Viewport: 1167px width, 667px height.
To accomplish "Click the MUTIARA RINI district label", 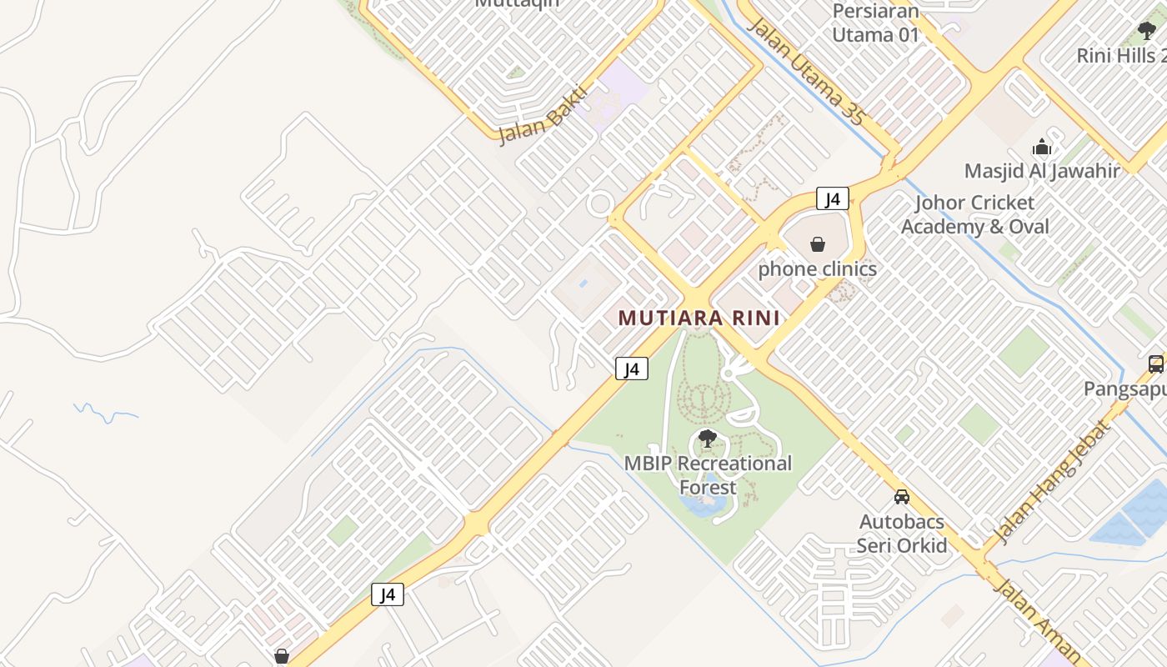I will pos(699,318).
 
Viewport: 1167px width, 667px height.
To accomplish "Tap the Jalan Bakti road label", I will pos(543,115).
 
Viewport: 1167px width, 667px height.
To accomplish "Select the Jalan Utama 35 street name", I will pos(805,71).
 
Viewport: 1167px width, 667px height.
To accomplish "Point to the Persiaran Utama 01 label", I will pos(876,23).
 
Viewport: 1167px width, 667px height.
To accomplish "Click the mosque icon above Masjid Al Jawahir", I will pos(1042,148).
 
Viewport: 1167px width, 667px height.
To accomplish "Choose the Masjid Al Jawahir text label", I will pos(1042,171).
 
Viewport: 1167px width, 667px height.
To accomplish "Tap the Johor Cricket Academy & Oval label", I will pos(975,214).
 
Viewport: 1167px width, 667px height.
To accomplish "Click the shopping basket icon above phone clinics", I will pos(818,245).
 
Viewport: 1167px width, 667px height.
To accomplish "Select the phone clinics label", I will pos(817,269).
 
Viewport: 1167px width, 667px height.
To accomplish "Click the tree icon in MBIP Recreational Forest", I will pos(708,439).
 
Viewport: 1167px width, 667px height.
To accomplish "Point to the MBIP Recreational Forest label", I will pos(709,474).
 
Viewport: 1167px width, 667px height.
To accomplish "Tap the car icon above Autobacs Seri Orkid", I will pos(902,497).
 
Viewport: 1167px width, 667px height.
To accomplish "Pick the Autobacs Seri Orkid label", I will pos(902,534).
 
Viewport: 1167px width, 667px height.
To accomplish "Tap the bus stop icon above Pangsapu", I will pos(1155,364).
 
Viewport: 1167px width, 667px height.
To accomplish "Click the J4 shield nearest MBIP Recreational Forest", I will pos(632,369).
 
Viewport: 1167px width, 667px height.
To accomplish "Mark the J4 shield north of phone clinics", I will pos(832,198).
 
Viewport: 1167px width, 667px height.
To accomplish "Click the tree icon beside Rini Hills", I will pos(1147,32).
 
